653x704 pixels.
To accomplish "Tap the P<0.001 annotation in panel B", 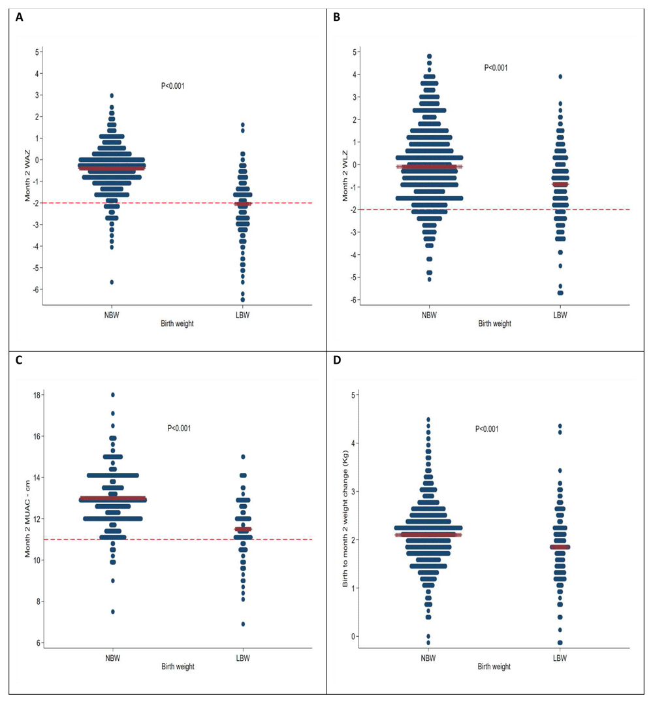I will (x=496, y=67).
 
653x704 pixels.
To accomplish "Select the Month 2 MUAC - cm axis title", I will (x=28, y=518).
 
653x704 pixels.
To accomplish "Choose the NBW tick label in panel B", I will (x=430, y=314).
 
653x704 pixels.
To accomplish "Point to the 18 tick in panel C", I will (x=38, y=395).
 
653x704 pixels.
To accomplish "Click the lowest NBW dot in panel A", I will (x=112, y=282).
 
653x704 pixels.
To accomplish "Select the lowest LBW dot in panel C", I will (x=242, y=624).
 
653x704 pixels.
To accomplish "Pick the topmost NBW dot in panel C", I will (x=113, y=395).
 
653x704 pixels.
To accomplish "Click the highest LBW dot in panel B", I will (x=560, y=76).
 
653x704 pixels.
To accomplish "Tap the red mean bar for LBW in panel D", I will (x=560, y=547).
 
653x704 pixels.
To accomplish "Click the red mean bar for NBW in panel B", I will (x=430, y=167).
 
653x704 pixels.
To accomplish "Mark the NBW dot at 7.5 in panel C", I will (x=113, y=612).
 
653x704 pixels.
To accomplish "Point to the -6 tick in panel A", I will (x=37, y=289).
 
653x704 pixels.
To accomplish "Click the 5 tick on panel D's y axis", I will (x=354, y=395).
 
